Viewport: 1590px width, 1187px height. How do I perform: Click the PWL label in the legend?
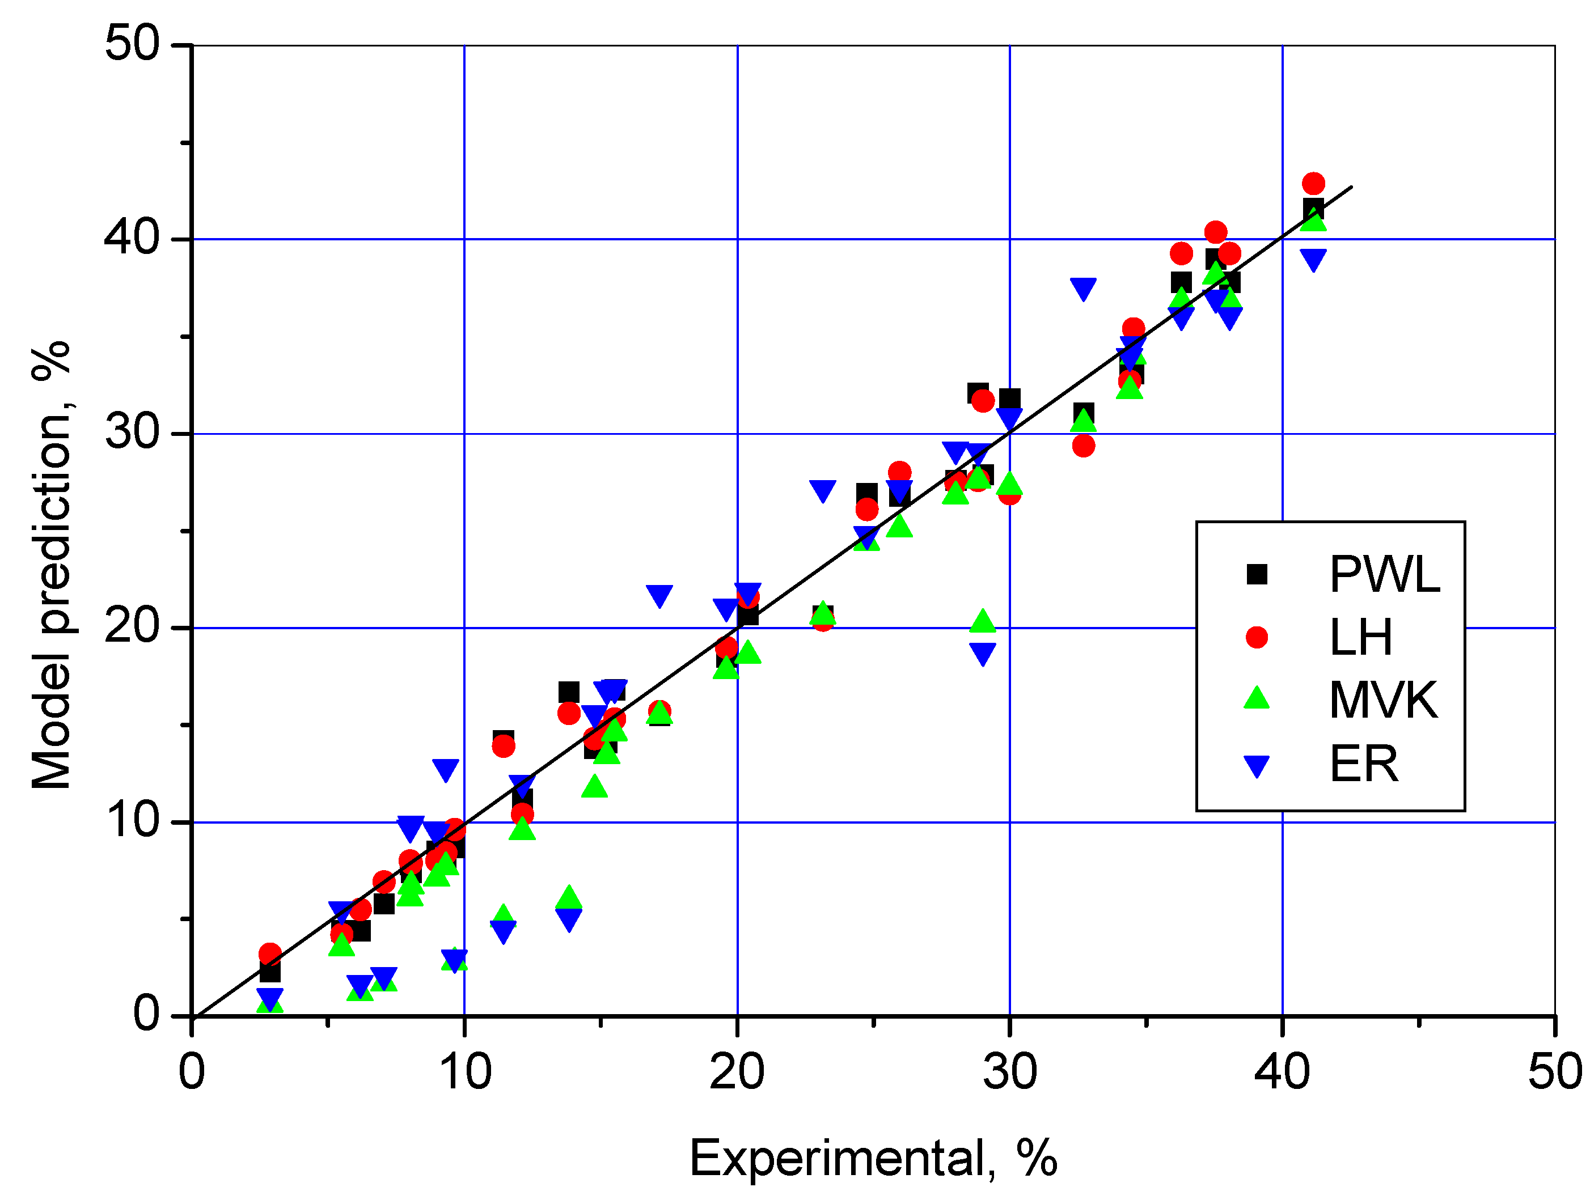click(x=1384, y=575)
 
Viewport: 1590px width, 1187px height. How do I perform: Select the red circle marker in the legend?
click(x=1257, y=637)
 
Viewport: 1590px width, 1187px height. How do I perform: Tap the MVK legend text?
click(x=1383, y=700)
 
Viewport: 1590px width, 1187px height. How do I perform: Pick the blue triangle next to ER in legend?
click(x=1257, y=766)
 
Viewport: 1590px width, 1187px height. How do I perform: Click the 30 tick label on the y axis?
click(x=132, y=433)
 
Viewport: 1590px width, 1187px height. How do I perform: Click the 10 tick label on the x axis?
click(x=464, y=1072)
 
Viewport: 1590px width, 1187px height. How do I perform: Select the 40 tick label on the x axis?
click(x=1282, y=1072)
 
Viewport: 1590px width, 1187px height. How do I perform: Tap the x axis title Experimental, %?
click(x=873, y=1158)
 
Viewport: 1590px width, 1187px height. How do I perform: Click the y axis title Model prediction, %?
click(x=52, y=565)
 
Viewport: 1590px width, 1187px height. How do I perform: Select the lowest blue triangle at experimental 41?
click(x=1313, y=260)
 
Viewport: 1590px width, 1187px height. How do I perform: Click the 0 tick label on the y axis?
click(x=147, y=1015)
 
